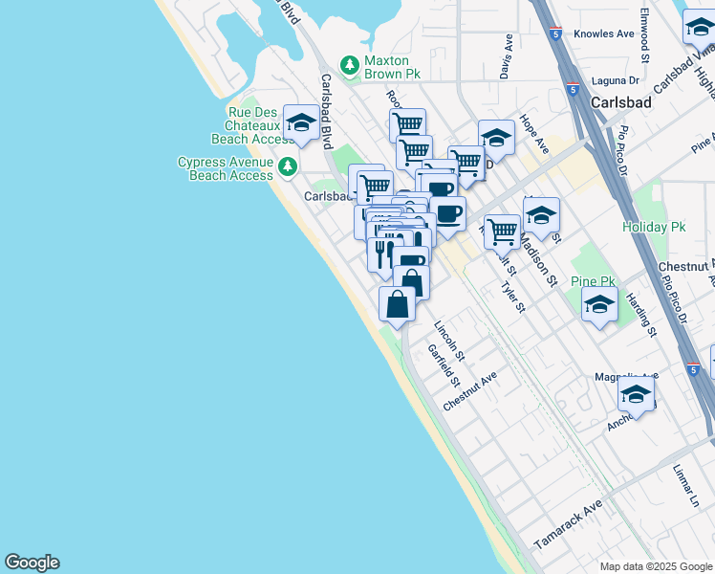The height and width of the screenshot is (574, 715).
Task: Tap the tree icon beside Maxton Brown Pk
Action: coord(351,64)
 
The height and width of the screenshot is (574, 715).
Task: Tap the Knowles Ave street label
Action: coord(604,34)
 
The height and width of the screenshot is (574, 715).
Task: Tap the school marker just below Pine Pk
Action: coord(599,306)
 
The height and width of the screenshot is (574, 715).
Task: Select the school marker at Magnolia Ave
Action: coord(636,394)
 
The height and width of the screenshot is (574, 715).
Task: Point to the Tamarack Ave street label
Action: coord(568,523)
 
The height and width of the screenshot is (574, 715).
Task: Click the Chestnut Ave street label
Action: coord(470,392)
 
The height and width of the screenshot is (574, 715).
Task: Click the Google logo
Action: coord(32,563)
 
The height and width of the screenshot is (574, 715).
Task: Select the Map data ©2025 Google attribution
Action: coord(655,566)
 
